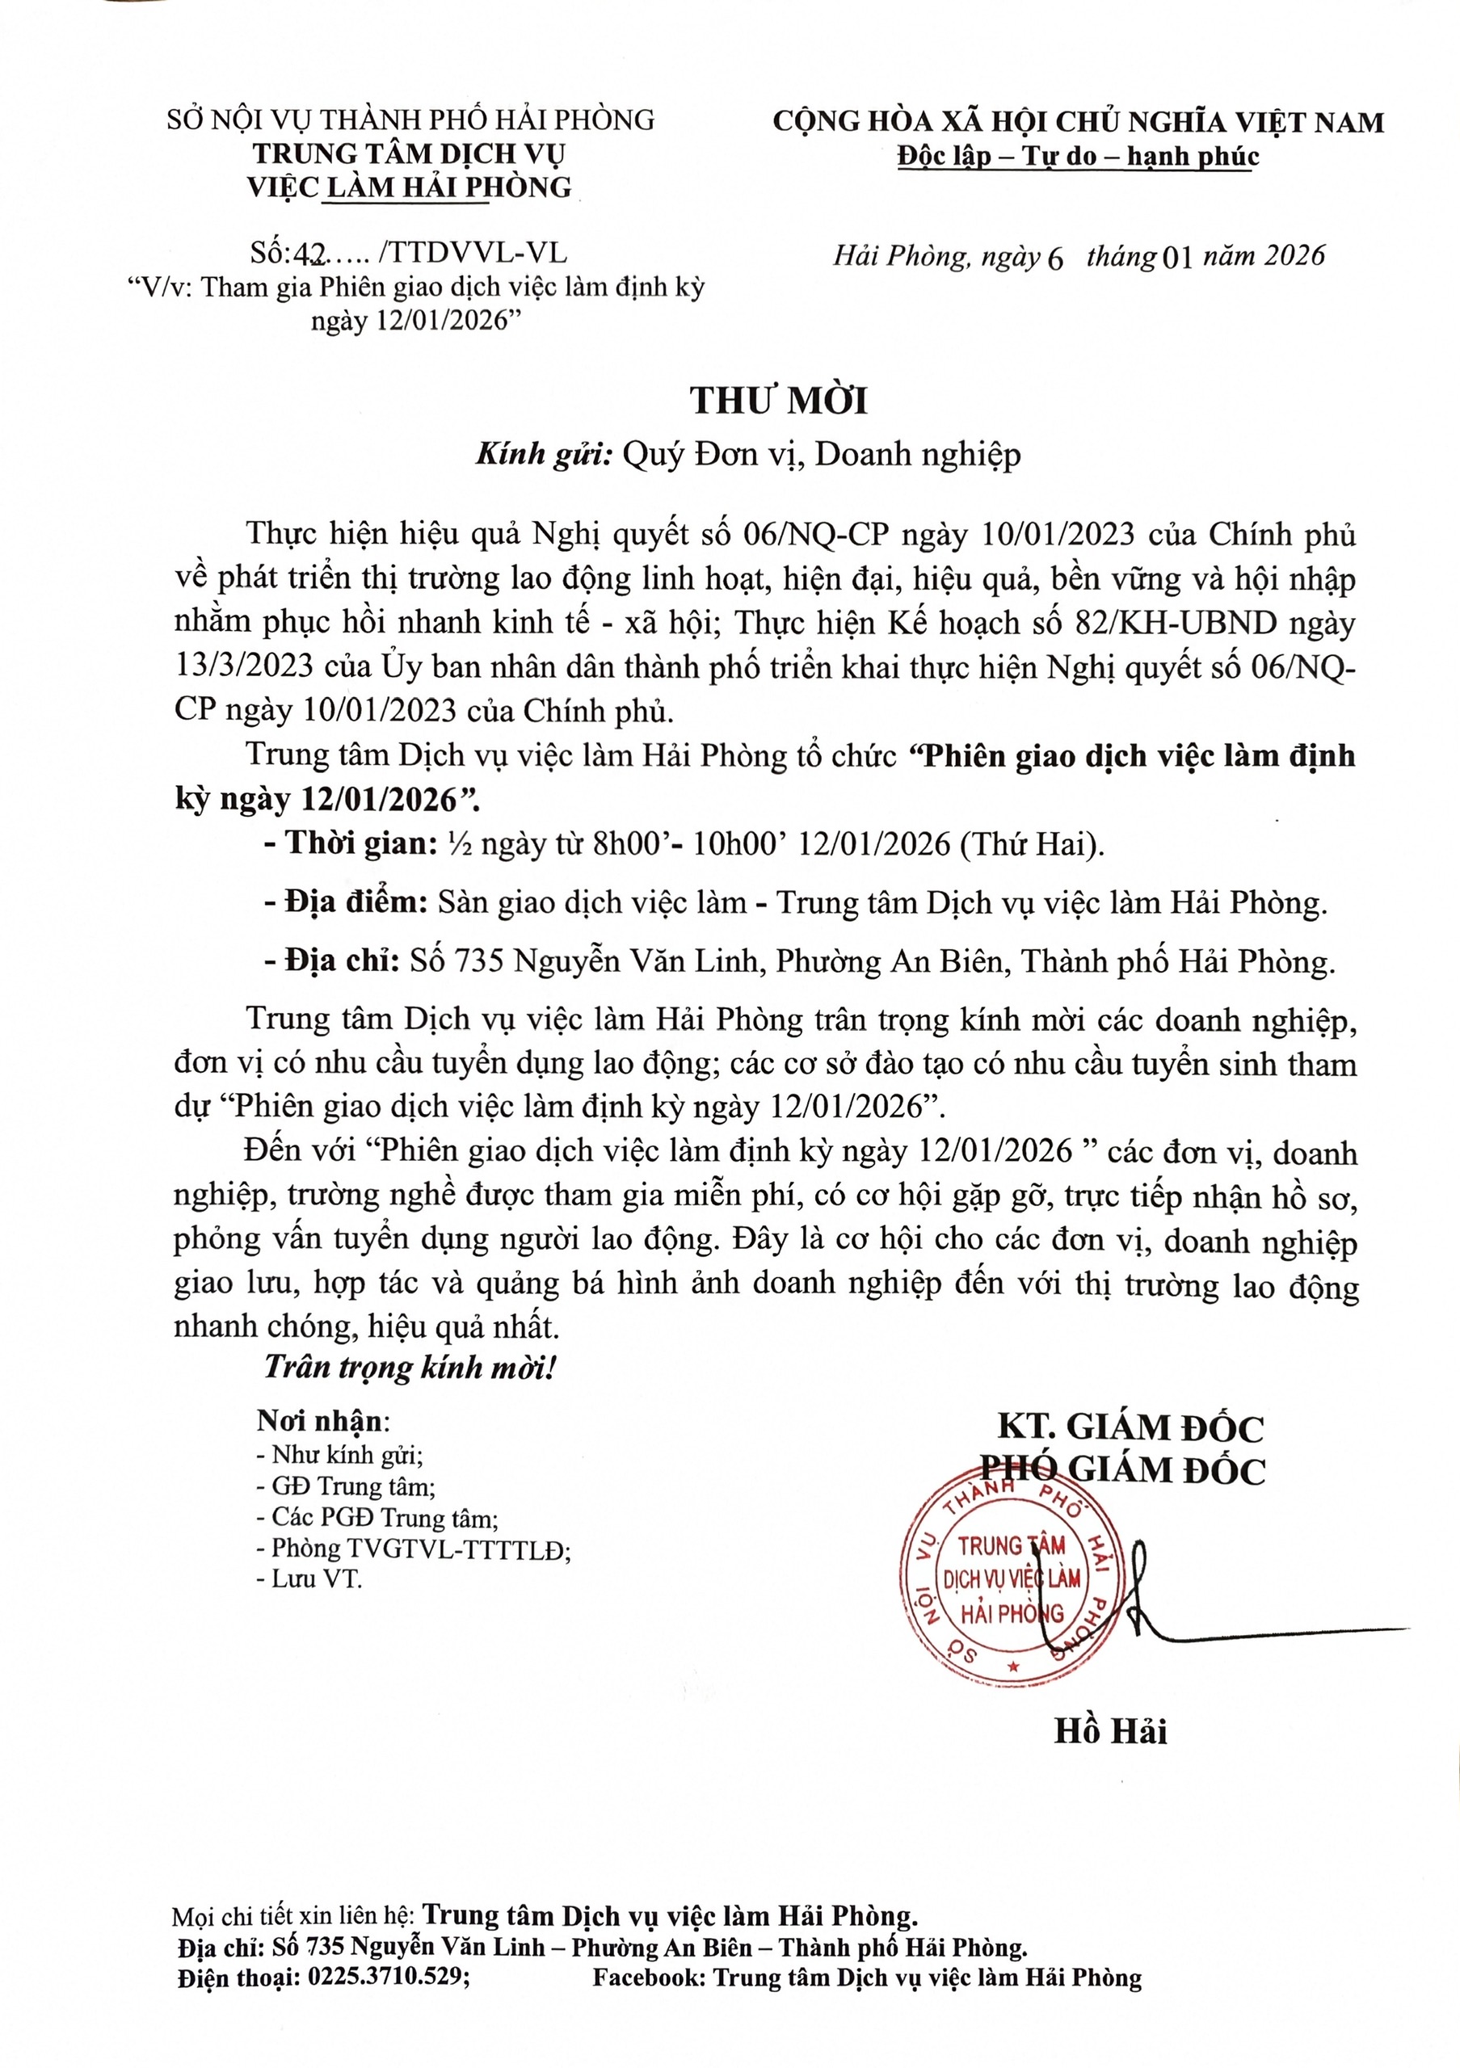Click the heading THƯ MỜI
coord(778,401)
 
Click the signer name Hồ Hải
coord(1109,1731)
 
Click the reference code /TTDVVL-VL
coord(473,253)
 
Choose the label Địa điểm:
coord(356,902)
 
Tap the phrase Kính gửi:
coord(544,455)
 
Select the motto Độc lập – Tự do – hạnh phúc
coord(1078,157)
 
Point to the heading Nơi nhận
coord(321,1420)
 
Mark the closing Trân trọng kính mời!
coord(410,1368)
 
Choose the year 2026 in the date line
coord(1294,256)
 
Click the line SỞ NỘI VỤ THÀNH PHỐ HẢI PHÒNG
coord(410,120)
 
